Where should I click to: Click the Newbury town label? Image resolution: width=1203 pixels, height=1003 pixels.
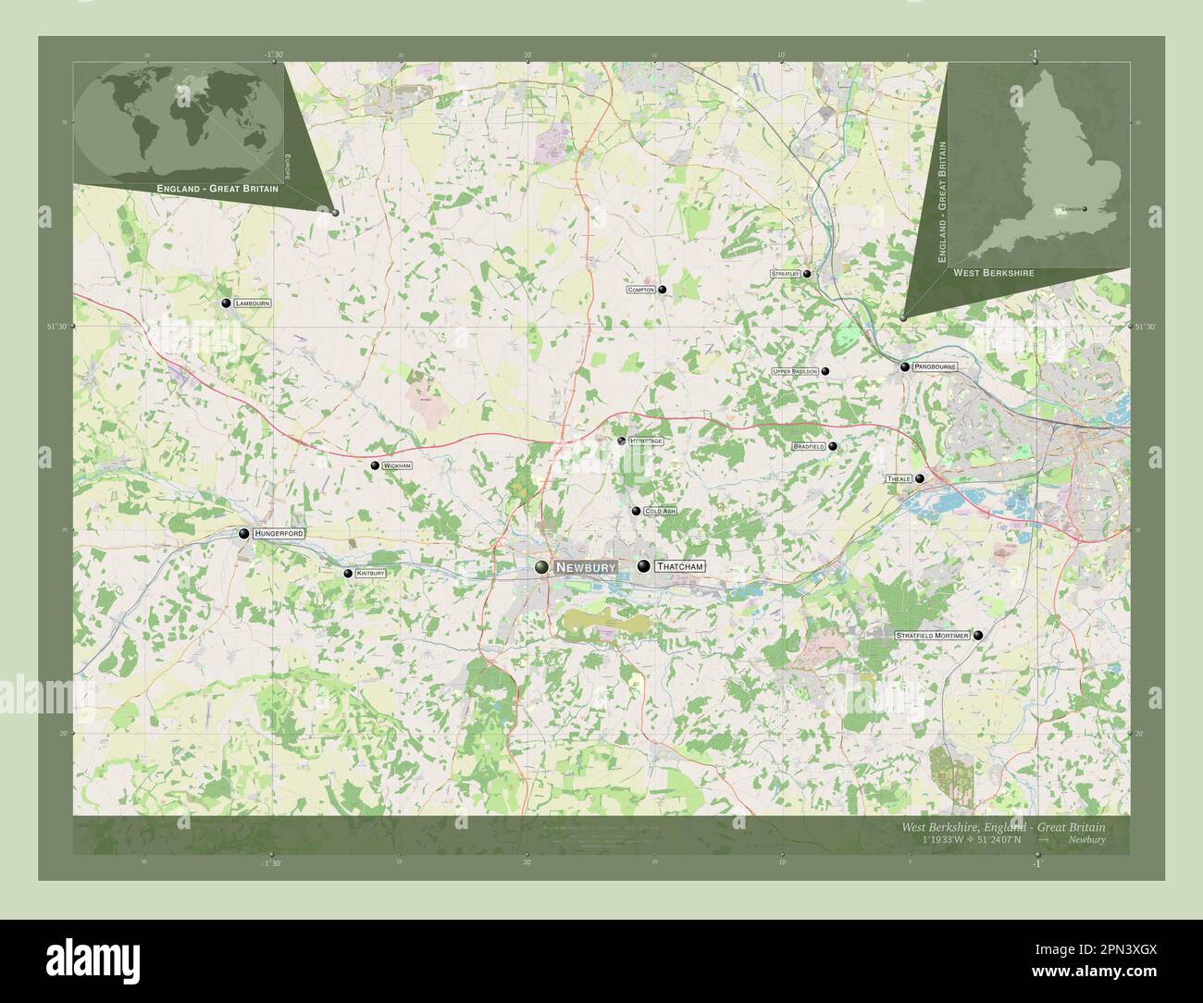point(586,566)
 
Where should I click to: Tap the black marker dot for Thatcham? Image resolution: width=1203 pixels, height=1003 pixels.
point(643,565)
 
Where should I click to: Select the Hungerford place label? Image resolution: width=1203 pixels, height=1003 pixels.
point(279,534)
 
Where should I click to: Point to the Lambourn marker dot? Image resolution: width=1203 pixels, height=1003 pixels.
point(226,303)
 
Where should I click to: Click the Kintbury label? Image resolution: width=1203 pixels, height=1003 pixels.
point(370,574)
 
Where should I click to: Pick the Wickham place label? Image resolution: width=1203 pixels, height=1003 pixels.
point(397,465)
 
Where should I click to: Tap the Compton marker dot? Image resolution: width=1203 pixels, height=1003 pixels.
point(663,290)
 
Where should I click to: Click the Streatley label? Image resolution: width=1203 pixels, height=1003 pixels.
point(785,274)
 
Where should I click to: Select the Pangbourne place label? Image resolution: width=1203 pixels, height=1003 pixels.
point(935,367)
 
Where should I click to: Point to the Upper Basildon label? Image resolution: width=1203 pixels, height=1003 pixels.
point(795,371)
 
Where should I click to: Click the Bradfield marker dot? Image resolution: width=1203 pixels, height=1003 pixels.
point(833,446)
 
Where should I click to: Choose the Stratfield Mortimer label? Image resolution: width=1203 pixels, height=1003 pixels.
point(932,636)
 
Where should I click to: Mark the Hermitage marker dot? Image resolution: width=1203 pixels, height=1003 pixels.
point(622,441)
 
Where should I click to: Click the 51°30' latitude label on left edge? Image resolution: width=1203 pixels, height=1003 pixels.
point(57,327)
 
